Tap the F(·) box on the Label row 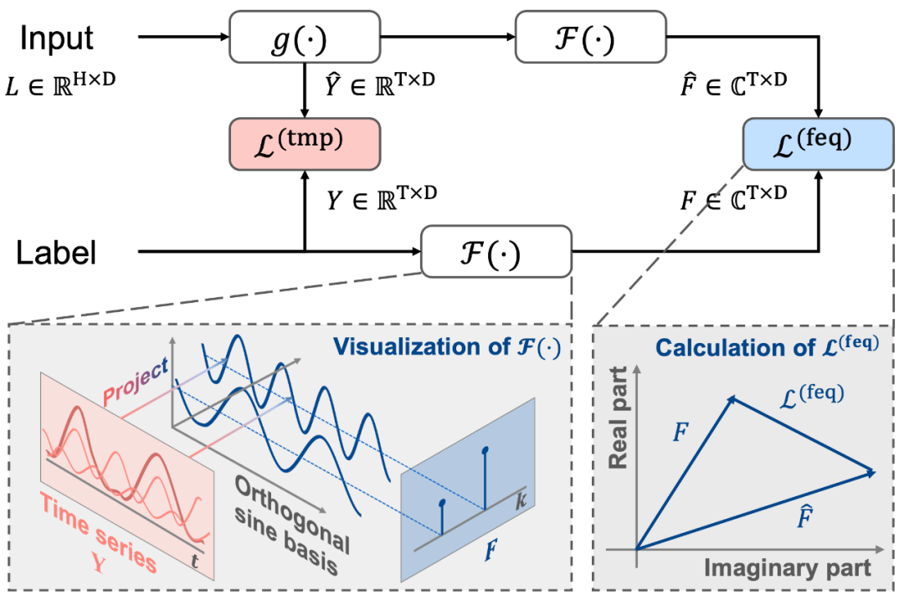496,250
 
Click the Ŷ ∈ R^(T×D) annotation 381,84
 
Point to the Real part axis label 618,431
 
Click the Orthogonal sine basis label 297,523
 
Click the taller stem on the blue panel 485,479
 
